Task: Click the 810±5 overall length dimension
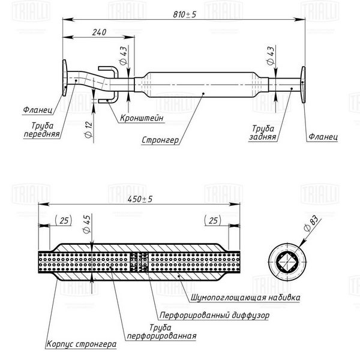click(x=185, y=14)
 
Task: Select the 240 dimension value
click(x=99, y=32)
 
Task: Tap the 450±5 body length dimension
click(x=140, y=199)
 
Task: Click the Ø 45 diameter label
click(x=87, y=224)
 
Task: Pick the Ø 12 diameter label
click(x=88, y=129)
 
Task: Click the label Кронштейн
click(x=142, y=118)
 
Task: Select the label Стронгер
click(x=160, y=140)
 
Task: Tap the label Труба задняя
click(x=263, y=133)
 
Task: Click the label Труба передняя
click(x=41, y=130)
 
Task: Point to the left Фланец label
click(x=38, y=110)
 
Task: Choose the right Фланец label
click(x=323, y=137)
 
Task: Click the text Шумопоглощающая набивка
click(x=245, y=298)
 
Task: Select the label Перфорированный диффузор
click(x=214, y=315)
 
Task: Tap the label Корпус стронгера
click(x=81, y=344)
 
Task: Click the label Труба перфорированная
click(x=161, y=332)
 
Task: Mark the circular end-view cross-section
click(x=287, y=262)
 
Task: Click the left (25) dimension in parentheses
click(x=64, y=220)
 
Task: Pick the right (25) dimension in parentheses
click(x=212, y=220)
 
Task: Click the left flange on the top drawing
click(x=65, y=77)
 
